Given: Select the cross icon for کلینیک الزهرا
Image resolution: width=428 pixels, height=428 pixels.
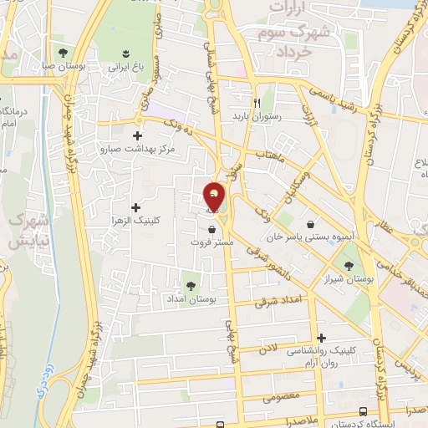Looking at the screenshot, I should [x=136, y=206].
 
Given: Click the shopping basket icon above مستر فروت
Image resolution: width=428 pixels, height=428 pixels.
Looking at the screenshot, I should [x=211, y=228].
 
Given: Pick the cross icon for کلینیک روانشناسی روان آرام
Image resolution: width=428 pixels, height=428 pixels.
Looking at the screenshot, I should [x=321, y=338].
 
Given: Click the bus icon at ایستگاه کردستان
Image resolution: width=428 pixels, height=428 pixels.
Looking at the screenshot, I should [x=363, y=412].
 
